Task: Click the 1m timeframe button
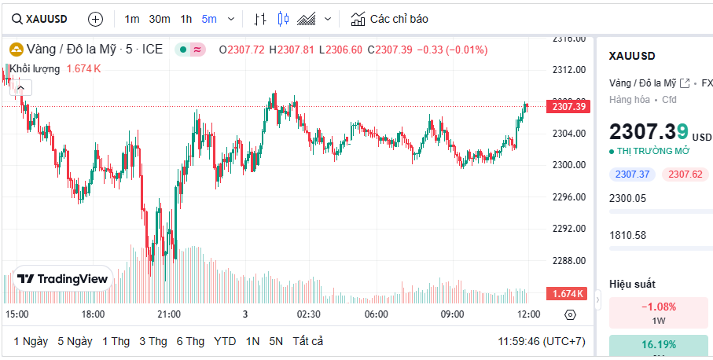pyautogui.click(x=132, y=19)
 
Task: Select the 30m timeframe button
pyautogui.click(x=160, y=19)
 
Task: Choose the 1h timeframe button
pyautogui.click(x=186, y=19)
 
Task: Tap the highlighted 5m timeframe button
pyautogui.click(x=209, y=19)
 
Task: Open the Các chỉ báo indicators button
pyautogui.click(x=390, y=19)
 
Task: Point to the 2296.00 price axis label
pyautogui.click(x=568, y=197)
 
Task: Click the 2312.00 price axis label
pyautogui.click(x=568, y=69)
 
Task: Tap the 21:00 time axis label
pyautogui.click(x=169, y=314)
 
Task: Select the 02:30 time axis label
pyautogui.click(x=308, y=314)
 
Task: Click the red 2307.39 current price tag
pyautogui.click(x=568, y=107)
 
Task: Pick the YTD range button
pyautogui.click(x=225, y=341)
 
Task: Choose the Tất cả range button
pyautogui.click(x=307, y=341)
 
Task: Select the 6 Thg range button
pyautogui.click(x=190, y=341)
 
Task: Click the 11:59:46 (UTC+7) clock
pyautogui.click(x=542, y=341)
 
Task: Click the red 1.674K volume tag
pyautogui.click(x=567, y=294)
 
